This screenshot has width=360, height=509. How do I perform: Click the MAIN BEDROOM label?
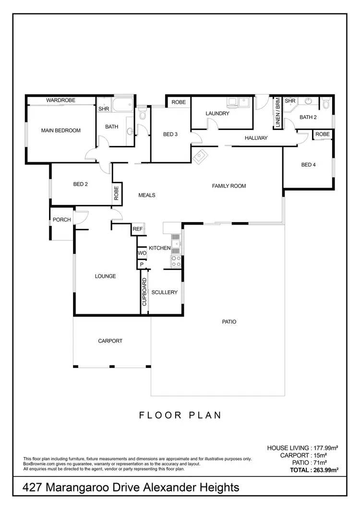click(60, 130)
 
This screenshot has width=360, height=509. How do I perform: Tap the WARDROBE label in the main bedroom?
click(59, 101)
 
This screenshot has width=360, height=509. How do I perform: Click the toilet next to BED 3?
click(142, 115)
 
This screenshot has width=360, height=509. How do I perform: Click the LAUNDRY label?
click(217, 114)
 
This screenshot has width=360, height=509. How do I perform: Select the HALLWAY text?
click(255, 138)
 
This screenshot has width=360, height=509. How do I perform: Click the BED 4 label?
click(308, 165)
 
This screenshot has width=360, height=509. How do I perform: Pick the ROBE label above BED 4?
click(323, 134)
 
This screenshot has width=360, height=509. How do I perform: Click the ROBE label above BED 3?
click(179, 102)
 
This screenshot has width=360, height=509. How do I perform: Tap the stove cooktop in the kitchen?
click(176, 261)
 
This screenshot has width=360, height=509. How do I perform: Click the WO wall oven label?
click(142, 252)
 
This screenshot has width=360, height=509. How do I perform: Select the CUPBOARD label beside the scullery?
click(144, 292)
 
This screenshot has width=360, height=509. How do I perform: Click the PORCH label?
click(62, 220)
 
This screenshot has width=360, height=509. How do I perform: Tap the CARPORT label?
click(110, 341)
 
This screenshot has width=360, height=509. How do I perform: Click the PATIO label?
click(229, 322)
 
